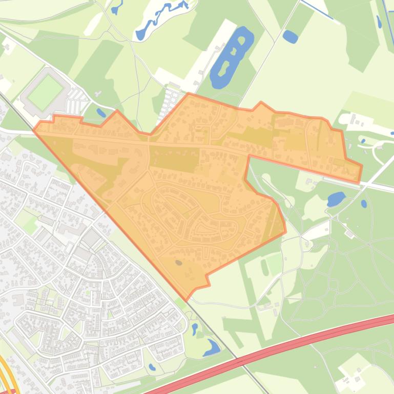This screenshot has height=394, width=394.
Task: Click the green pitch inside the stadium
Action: [45, 93]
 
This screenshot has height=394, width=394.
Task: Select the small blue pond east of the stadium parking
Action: [101, 113]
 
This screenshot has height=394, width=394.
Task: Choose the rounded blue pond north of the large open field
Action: [290, 36]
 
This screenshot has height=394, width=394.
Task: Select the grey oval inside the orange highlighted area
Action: [178, 262]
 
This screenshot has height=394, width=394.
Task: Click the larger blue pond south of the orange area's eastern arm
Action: [336, 199]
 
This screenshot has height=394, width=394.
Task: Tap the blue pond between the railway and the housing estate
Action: [211, 348]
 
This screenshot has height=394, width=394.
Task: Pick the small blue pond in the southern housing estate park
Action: [152, 367]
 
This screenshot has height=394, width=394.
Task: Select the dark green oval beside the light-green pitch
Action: [264, 267]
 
